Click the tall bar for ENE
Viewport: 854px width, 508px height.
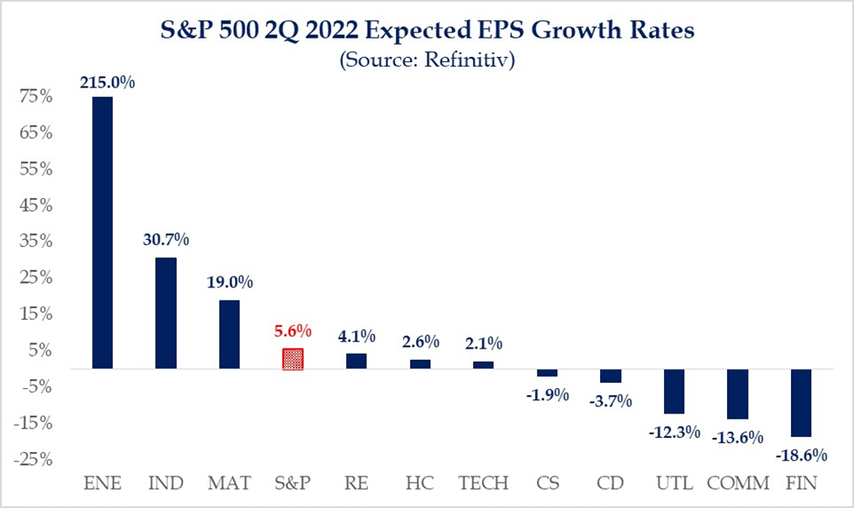(102, 232)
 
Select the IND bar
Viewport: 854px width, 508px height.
(166, 313)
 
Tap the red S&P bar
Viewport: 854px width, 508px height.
(293, 359)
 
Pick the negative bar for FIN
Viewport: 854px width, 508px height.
(801, 403)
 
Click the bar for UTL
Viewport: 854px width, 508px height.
(674, 392)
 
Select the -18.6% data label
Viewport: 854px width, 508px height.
(801, 454)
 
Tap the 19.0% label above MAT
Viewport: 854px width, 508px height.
(229, 283)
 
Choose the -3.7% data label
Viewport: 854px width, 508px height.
(611, 401)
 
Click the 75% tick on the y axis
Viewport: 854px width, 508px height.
(35, 97)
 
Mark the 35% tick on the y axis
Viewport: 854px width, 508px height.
(35, 242)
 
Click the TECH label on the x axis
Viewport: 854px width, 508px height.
(483, 483)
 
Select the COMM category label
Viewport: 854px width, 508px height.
(738, 483)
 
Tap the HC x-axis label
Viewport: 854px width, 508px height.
(419, 483)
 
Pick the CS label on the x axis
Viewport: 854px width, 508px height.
(547, 483)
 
